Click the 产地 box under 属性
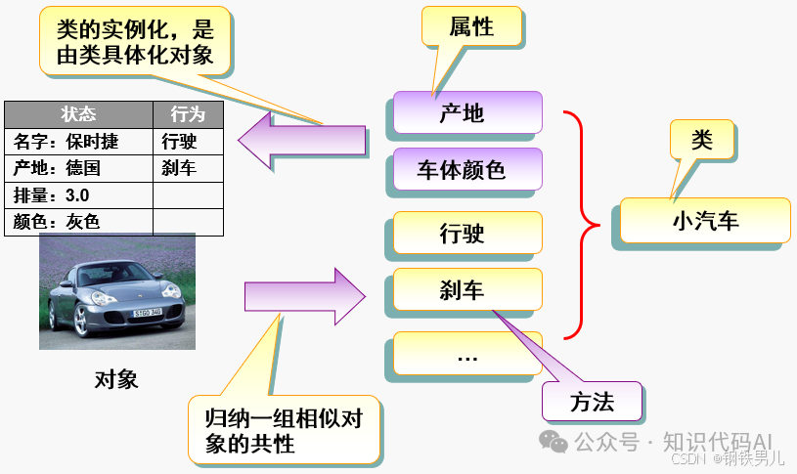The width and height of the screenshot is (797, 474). coord(466,112)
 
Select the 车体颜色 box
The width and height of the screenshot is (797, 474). coord(466,170)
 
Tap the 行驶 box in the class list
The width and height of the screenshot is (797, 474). coord(466,234)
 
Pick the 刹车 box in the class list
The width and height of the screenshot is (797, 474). coord(466,289)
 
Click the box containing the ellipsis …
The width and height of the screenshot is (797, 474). coord(466,354)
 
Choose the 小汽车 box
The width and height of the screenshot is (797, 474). coord(704,221)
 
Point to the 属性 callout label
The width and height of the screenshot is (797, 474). coord(470,27)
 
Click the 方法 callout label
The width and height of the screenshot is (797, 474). coord(592,402)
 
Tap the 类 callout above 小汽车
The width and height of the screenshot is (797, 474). coord(701,140)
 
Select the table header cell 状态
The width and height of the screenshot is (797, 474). coord(78,113)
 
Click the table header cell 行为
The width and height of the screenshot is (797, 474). coord(188,113)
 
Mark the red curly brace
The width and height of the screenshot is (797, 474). coord(584,225)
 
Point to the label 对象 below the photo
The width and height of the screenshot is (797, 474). coord(116,380)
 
